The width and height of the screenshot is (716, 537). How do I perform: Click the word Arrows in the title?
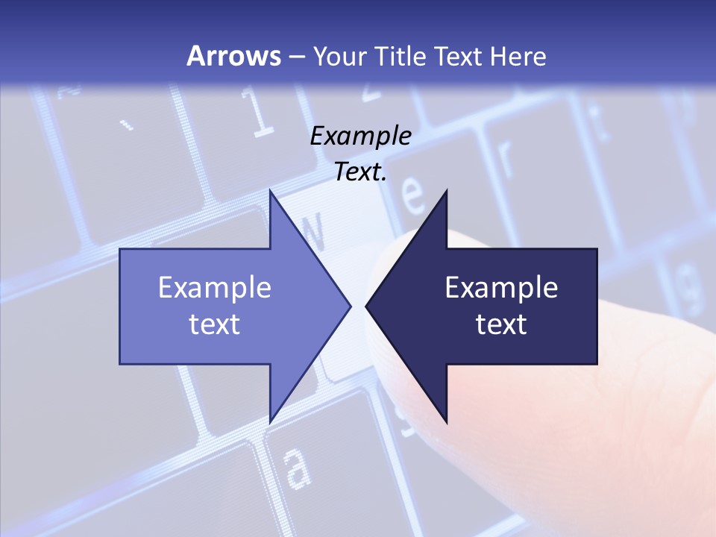(x=234, y=56)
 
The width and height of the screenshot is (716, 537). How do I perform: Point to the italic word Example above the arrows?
(x=361, y=136)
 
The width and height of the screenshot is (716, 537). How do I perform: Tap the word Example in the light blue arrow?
(x=214, y=288)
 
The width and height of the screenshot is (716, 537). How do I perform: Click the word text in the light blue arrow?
(x=214, y=324)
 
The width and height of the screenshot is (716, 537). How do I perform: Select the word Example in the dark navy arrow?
(x=501, y=288)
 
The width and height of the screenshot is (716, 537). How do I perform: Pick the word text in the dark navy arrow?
(x=501, y=324)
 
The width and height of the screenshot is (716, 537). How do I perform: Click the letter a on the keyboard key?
(x=297, y=468)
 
